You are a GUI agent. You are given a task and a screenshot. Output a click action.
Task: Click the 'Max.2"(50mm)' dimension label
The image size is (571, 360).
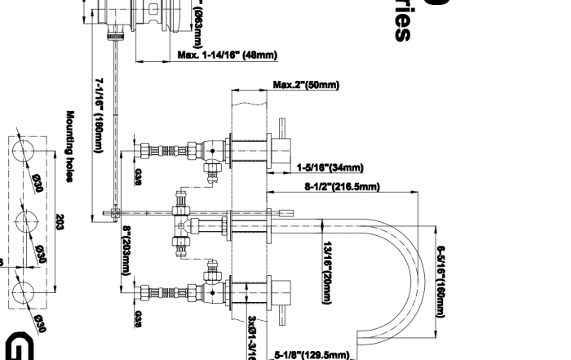tap(306, 85)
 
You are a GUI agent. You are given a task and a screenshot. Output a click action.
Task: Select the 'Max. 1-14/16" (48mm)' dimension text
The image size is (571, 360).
tap(227, 56)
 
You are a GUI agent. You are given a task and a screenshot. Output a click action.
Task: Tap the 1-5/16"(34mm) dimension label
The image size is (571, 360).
tap(330, 168)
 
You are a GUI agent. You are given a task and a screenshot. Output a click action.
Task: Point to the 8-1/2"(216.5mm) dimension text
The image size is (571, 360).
tap(342, 187)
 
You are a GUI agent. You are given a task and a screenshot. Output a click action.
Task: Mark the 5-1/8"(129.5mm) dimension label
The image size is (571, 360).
tap(312, 354)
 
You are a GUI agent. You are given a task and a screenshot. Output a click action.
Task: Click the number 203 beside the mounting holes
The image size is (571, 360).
tap(59, 222)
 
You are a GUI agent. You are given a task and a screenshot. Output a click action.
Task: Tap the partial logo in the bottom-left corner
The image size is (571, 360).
tap(10, 348)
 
